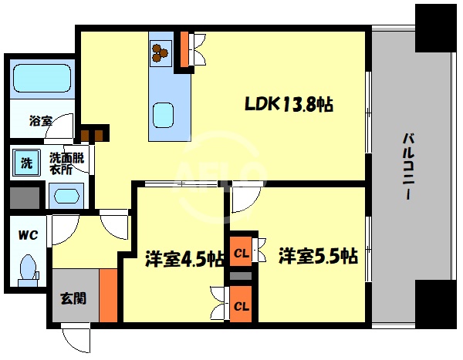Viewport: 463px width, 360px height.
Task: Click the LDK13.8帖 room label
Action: (289, 103)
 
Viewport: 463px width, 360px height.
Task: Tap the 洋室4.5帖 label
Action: (183, 257)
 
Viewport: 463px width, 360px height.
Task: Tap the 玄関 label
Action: (73, 298)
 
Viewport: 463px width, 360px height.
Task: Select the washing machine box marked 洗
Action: (25, 163)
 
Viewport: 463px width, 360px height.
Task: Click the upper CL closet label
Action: (242, 253)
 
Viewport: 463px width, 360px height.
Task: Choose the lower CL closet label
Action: (242, 306)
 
